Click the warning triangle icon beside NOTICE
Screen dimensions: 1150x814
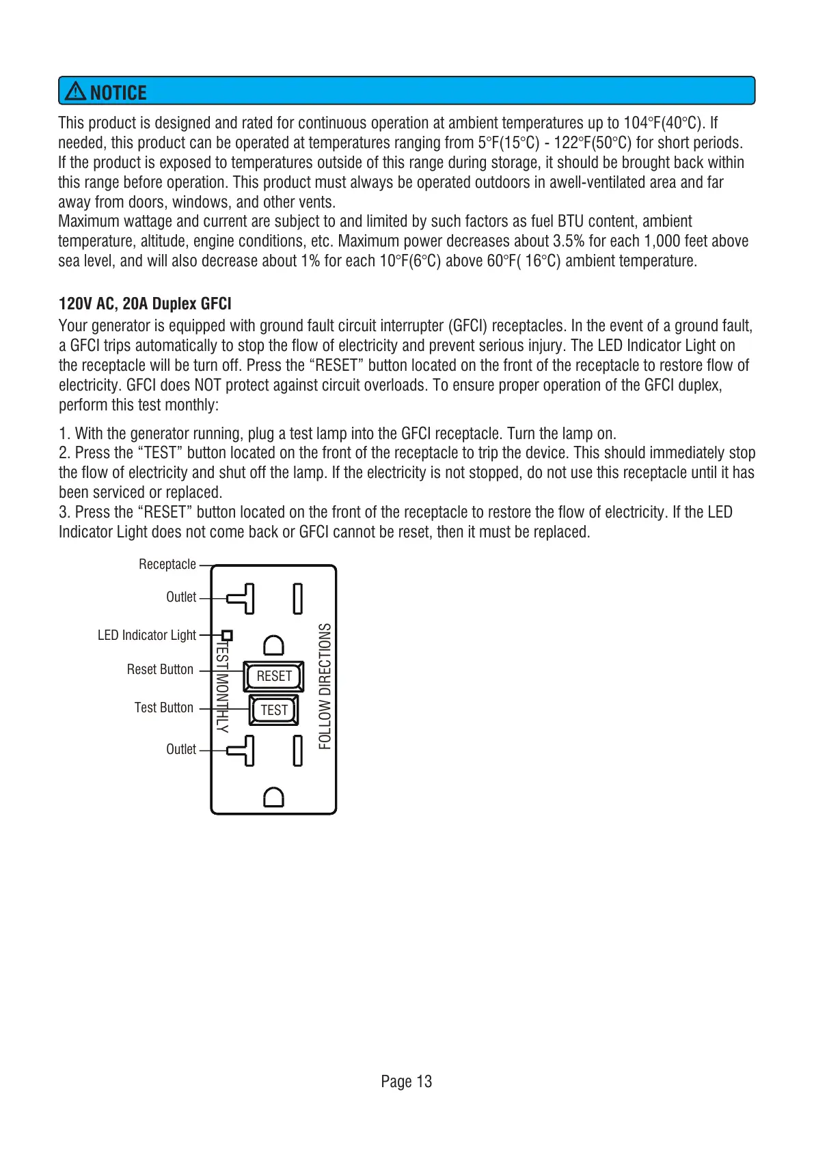(75, 92)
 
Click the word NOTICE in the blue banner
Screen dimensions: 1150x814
(118, 93)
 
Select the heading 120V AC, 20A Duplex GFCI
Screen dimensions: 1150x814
(145, 304)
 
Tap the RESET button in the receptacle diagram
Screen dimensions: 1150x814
(274, 676)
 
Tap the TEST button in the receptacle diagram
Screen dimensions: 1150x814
(274, 710)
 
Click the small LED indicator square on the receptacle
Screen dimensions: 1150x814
(228, 635)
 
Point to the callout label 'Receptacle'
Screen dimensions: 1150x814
(167, 564)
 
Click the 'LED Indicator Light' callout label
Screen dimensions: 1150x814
(147, 635)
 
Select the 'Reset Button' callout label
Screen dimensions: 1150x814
(160, 669)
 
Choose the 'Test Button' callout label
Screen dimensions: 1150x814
(164, 707)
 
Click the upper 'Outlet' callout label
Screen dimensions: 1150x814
(181, 597)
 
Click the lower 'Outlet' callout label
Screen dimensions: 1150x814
(181, 749)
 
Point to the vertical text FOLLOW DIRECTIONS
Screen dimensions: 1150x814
(325, 686)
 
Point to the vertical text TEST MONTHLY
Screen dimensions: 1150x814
(222, 686)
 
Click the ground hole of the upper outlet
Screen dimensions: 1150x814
(273, 645)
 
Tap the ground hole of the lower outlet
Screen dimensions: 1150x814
(273, 797)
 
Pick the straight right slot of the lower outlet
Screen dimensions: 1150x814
(298, 751)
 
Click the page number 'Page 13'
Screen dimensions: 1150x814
(407, 1081)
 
